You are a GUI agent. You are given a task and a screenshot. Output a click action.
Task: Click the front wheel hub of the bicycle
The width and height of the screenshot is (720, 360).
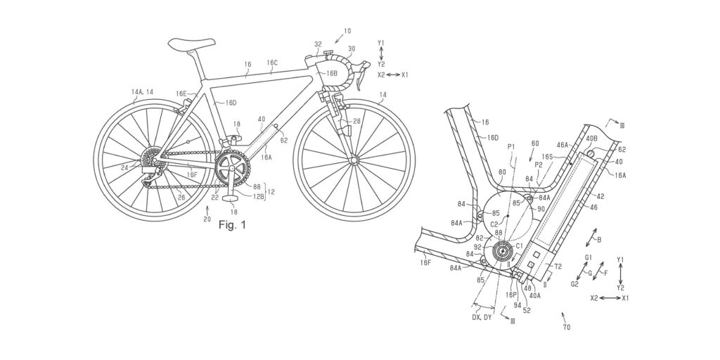coord(352,161)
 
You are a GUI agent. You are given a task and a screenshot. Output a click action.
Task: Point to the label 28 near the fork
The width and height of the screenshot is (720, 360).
coord(356,122)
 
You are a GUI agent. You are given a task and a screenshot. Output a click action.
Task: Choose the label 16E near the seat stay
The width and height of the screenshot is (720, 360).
coord(181,94)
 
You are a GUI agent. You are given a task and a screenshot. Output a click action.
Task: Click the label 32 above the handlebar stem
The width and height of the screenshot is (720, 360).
coord(318,44)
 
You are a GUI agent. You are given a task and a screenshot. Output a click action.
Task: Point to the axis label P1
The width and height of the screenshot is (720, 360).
coord(510,146)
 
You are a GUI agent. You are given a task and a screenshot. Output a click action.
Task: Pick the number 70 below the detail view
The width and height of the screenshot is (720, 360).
coord(567,327)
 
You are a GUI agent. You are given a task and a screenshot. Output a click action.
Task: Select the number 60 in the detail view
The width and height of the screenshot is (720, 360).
coord(535,143)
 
